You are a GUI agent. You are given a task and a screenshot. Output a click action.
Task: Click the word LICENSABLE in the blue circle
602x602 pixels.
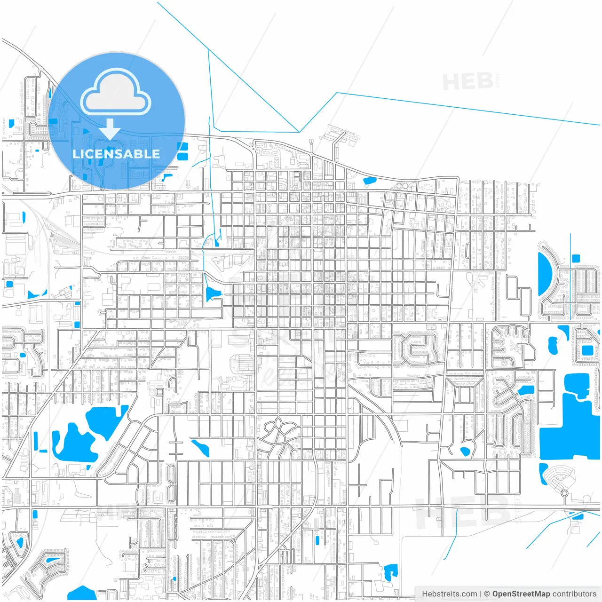point(116,154)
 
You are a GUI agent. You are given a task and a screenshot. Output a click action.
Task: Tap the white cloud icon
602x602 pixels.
point(116,92)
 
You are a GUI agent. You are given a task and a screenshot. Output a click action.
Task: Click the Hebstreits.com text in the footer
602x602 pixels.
point(449,594)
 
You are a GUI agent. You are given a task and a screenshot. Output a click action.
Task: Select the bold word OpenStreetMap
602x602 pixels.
point(521,594)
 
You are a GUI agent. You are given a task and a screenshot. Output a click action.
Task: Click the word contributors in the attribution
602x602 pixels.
point(574,594)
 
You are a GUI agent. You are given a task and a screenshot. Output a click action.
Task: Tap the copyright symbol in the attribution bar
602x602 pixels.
point(487,594)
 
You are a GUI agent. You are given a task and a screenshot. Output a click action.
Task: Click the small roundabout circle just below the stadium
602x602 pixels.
point(564,493)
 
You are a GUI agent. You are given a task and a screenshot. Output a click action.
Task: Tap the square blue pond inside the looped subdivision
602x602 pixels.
point(587,350)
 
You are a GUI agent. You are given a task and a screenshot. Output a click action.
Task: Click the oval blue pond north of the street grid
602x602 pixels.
point(370,180)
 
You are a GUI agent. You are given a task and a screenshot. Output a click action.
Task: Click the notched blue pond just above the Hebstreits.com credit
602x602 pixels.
point(390,572)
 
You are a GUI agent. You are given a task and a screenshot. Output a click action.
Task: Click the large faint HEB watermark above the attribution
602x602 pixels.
point(463,513)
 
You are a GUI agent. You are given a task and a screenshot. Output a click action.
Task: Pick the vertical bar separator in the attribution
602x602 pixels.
point(480,594)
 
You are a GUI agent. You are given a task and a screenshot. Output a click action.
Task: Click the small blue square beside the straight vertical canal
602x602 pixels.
point(576,258)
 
